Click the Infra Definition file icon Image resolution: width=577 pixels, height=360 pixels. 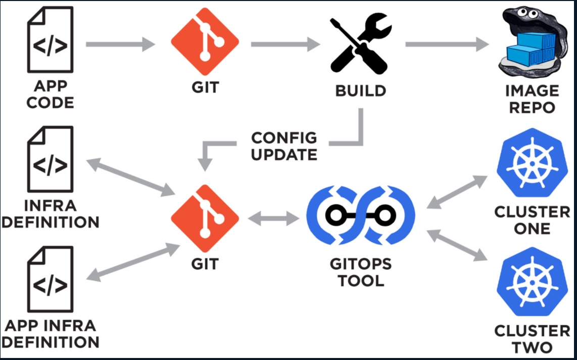point(50,162)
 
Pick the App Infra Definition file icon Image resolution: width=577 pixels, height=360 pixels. point(50,281)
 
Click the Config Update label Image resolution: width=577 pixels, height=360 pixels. point(284,146)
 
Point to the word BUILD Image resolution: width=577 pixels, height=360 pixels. point(360,91)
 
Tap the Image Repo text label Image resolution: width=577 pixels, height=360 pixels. point(532,99)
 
